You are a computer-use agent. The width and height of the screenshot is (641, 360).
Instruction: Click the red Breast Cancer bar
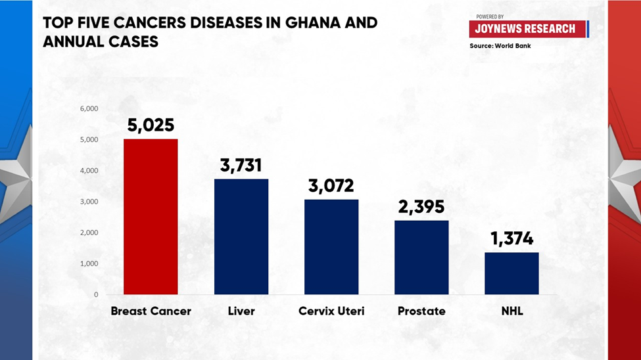coord(151,217)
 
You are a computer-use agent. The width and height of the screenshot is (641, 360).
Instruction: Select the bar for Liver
coord(241,236)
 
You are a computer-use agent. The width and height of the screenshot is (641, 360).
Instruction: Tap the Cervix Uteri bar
coord(331,247)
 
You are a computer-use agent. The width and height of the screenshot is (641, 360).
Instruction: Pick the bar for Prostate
coord(421,258)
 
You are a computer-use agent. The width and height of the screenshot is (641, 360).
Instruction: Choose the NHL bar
coord(511,273)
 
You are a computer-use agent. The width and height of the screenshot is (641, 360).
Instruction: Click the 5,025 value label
coord(151,125)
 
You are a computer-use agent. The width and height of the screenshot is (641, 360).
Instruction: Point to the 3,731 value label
coord(241,166)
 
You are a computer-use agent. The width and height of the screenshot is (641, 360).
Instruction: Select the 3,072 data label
coord(331,186)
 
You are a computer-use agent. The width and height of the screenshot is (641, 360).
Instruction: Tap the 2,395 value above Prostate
coord(421,207)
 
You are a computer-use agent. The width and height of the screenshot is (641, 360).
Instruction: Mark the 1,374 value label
coord(511,239)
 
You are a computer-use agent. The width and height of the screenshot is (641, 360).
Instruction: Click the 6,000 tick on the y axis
coord(89,108)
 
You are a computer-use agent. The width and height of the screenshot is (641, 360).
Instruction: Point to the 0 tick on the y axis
coord(96,294)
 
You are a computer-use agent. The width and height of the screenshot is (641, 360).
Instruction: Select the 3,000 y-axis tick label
coord(89,202)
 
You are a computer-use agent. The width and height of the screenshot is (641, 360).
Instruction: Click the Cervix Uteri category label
coord(331,311)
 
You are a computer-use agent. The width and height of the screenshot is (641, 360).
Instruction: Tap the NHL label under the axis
coord(512,311)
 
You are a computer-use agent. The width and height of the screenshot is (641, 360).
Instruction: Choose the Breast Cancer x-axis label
coord(151,311)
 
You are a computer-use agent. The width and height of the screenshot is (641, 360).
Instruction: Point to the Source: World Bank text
coord(500,46)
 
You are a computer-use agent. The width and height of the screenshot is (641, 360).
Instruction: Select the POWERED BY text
coord(490,16)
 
